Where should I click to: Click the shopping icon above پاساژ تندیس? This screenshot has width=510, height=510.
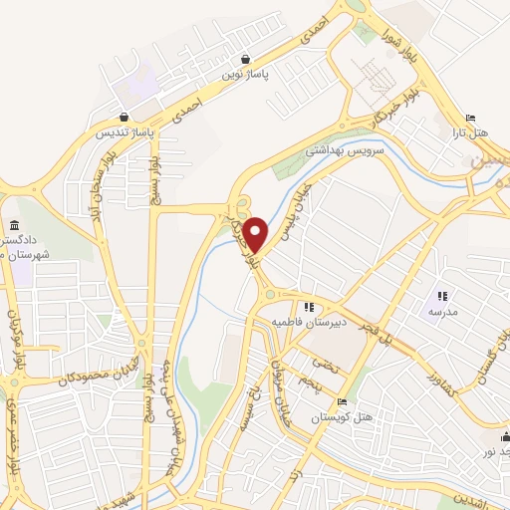tap(123, 117)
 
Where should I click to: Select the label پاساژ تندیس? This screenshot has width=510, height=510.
tap(122, 131)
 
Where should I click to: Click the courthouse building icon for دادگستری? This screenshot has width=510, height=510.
tap(15, 227)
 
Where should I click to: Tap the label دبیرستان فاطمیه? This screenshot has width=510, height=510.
tap(308, 323)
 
